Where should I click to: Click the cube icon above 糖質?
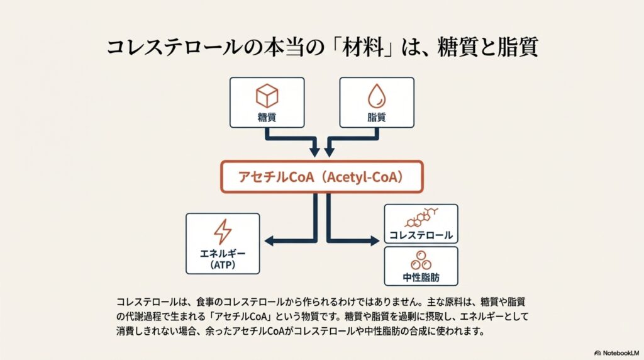click(267, 96)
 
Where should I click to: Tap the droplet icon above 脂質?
click(377, 96)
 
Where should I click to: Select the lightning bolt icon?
click(223, 232)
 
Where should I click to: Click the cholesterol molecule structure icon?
click(421, 218)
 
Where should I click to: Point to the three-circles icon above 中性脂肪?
click(421, 261)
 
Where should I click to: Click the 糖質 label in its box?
click(267, 118)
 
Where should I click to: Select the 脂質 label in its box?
click(377, 118)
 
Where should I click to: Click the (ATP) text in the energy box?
click(223, 265)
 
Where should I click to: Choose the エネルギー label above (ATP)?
click(223, 254)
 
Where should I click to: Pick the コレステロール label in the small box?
click(421, 235)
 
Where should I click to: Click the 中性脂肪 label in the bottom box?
click(421, 278)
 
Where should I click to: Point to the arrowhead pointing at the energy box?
click(269, 241)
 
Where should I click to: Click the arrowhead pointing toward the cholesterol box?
click(375, 241)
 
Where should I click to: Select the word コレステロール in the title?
click(174, 47)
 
